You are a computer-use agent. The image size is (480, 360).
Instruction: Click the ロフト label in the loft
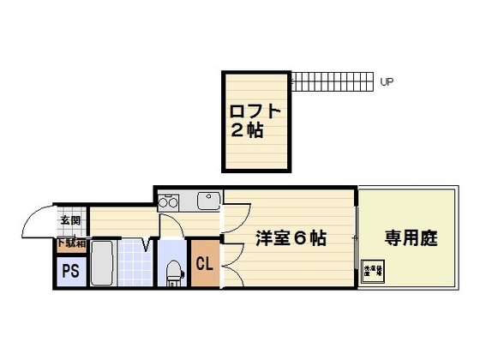pos(255,111)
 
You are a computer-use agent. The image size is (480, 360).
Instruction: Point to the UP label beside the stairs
pos(387,83)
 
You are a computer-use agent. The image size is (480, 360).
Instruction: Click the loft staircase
pos(329,83)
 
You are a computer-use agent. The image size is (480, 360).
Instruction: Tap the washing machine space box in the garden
pos(374,270)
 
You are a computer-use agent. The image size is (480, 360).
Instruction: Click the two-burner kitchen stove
pos(167,203)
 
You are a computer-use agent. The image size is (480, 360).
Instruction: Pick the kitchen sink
pos(208,201)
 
